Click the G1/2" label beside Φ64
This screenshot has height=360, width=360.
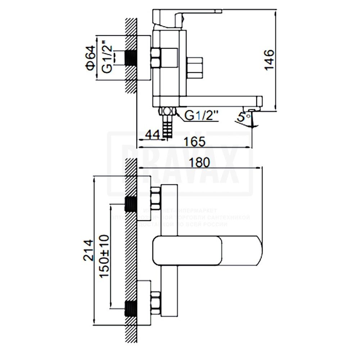(106, 58)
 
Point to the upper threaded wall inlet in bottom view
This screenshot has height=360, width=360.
(130, 204)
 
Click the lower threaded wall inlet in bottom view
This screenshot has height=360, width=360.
(130, 309)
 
